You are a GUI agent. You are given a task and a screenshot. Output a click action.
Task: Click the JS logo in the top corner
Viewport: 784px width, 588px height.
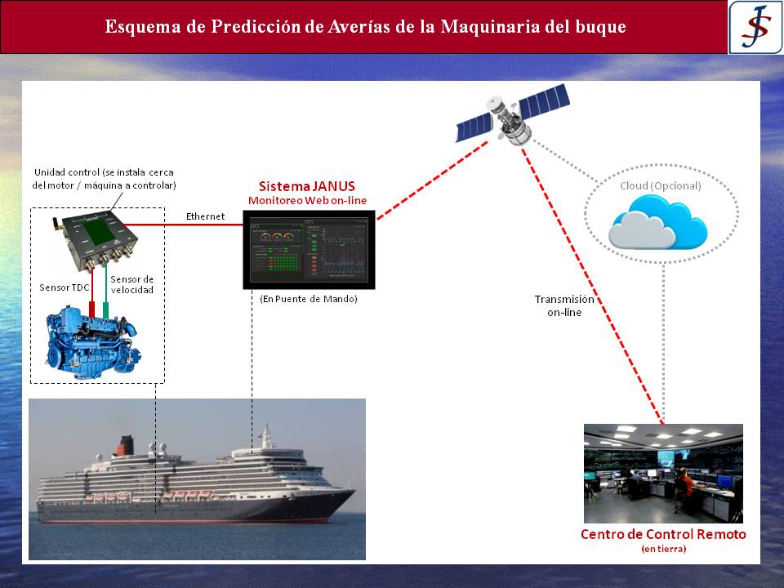click(x=755, y=27)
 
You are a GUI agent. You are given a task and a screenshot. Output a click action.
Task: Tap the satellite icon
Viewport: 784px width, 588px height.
click(x=513, y=114)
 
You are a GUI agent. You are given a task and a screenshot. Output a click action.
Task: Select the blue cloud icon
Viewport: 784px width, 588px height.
click(x=658, y=222)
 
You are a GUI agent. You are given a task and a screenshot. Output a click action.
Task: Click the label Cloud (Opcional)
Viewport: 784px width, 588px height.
click(x=661, y=186)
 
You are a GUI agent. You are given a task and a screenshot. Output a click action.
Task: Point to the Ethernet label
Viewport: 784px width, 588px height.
click(x=205, y=216)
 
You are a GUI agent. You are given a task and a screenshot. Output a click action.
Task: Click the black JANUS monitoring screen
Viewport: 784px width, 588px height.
click(x=309, y=250)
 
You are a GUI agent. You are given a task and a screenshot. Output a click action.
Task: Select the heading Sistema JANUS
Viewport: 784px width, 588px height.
click(x=306, y=186)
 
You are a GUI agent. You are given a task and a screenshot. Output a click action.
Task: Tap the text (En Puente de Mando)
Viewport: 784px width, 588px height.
click(x=309, y=299)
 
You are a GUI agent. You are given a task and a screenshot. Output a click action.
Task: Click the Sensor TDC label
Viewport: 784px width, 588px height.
click(x=64, y=287)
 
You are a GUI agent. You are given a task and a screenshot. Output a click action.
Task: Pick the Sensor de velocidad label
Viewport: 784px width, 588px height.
click(x=132, y=284)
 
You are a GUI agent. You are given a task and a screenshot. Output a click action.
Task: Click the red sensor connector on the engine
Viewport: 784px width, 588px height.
click(x=92, y=310)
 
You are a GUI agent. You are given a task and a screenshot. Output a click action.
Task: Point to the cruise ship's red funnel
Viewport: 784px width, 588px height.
click(x=125, y=445)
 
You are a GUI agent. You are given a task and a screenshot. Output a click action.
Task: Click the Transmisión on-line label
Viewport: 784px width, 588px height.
click(x=564, y=306)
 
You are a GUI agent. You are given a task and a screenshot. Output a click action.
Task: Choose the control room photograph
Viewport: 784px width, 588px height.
click(x=663, y=474)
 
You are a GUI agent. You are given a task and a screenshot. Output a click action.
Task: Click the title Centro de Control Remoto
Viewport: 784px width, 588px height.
click(x=663, y=534)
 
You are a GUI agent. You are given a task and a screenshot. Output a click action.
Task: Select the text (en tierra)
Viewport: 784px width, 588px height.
click(x=663, y=549)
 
